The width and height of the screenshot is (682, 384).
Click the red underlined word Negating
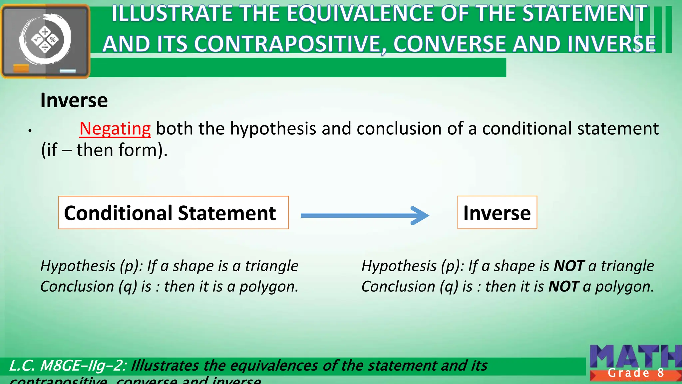pyautogui.click(x=115, y=129)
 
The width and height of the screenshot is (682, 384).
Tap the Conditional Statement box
pyautogui.click(x=173, y=213)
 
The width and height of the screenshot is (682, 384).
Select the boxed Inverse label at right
pyautogui.click(x=497, y=213)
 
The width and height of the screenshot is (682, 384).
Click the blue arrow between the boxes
pyautogui.click(x=365, y=216)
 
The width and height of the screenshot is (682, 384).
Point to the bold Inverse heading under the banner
pyautogui.click(x=74, y=100)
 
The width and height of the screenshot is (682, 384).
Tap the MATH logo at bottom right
pyautogui.click(x=634, y=357)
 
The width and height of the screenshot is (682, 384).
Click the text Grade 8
pyautogui.click(x=635, y=373)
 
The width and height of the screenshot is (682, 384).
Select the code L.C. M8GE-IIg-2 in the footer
pyautogui.click(x=67, y=366)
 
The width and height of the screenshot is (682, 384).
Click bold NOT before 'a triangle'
pyautogui.click(x=569, y=266)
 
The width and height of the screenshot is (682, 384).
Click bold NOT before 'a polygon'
pyautogui.click(x=563, y=287)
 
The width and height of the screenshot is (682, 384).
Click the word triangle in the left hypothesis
pyautogui.click(x=271, y=266)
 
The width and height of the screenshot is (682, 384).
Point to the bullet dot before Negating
pyautogui.click(x=30, y=131)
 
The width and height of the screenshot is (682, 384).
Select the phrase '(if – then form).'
pyautogui.click(x=104, y=150)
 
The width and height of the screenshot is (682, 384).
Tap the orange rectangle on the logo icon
pyautogui.click(x=21, y=68)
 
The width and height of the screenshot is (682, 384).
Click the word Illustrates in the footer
pyautogui.click(x=165, y=366)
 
